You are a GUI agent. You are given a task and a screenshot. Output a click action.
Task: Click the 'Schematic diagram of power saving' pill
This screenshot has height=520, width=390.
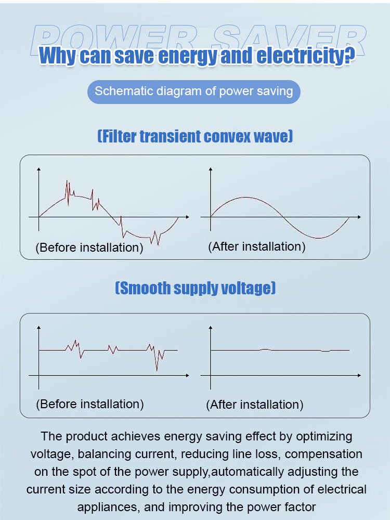pyautogui.click(x=194, y=92)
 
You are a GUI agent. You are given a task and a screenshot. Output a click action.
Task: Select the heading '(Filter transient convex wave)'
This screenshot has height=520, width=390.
pyautogui.click(x=195, y=137)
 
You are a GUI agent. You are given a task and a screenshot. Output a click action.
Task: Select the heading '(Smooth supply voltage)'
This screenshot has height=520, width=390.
pyautogui.click(x=195, y=288)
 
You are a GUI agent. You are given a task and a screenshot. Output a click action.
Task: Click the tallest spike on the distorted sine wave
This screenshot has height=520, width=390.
pyautogui.click(x=67, y=181)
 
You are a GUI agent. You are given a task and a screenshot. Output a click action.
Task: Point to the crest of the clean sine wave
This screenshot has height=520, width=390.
pyautogui.click(x=245, y=198)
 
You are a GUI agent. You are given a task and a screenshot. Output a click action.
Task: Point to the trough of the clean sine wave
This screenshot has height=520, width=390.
pyautogui.click(x=317, y=238)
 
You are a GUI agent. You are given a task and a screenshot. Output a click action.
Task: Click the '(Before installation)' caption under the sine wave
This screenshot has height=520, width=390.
pyautogui.click(x=89, y=248)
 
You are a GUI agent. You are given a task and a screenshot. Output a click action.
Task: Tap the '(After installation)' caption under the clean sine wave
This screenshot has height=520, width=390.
pyautogui.click(x=256, y=246)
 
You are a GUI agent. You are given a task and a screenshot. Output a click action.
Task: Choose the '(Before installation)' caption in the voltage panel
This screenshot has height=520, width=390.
pyautogui.click(x=90, y=404)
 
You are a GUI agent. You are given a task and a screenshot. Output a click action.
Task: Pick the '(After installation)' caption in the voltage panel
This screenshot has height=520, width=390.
pyautogui.click(x=255, y=405)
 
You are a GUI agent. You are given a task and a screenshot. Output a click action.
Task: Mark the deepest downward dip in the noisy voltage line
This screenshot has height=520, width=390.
pyautogui.click(x=157, y=370)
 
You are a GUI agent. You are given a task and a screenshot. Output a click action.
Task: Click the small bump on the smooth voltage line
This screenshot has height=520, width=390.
pyautogui.click(x=265, y=349)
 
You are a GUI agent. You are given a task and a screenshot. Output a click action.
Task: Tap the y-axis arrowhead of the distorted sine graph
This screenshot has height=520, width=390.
pyautogui.click(x=38, y=169)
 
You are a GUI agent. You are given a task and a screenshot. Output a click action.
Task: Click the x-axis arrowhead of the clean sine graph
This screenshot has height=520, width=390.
pyautogui.click(x=359, y=216)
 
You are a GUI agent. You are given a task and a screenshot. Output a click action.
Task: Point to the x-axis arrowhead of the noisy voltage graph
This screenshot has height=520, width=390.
pyautogui.click(x=187, y=375)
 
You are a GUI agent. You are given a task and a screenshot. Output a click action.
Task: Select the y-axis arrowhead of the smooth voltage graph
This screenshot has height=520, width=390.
pyautogui.click(x=210, y=328)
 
